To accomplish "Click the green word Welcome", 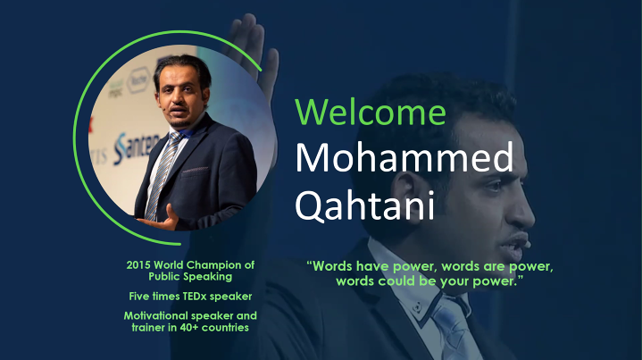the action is click(371, 112).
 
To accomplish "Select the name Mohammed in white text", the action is click(404, 157).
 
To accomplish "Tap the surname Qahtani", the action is click(364, 205).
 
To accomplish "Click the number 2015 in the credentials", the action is click(138, 265).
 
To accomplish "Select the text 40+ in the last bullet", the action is click(189, 327).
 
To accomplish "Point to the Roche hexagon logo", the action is click(138, 80).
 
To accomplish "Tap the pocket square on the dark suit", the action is click(195, 170).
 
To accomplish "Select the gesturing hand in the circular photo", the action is click(162, 220).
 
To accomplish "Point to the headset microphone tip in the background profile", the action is click(528, 245).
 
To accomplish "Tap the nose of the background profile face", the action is click(525, 209).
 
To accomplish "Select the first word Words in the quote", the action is click(332, 266).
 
